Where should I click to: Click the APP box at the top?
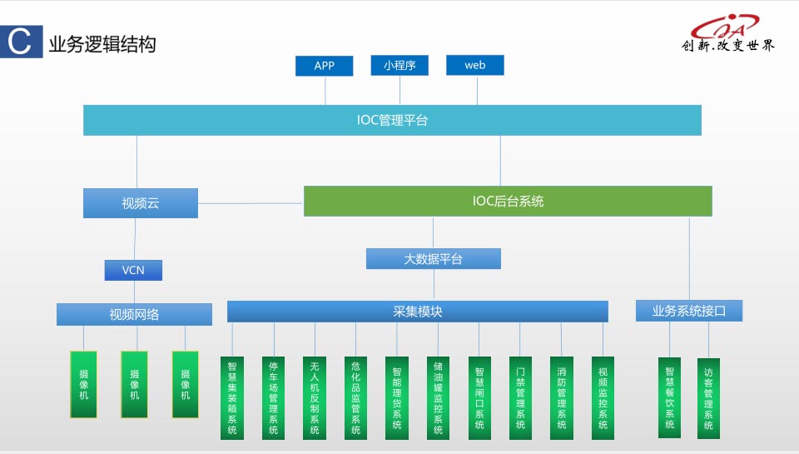click(324, 66)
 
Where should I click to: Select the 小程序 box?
click(399, 65)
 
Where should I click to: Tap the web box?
click(475, 65)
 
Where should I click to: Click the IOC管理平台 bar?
click(392, 120)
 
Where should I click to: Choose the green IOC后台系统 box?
click(508, 201)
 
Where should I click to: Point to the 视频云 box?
click(141, 203)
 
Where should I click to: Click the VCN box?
click(133, 270)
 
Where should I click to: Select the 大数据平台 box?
click(433, 259)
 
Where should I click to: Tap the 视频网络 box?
click(134, 314)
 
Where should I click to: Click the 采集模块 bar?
click(418, 312)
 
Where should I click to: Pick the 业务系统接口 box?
click(688, 311)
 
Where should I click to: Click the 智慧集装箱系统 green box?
click(232, 397)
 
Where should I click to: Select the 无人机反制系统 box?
click(315, 397)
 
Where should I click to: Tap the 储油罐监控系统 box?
click(438, 397)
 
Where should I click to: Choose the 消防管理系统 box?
click(562, 397)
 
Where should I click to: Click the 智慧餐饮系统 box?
click(669, 397)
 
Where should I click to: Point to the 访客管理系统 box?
click(708, 397)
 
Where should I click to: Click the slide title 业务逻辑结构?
click(102, 44)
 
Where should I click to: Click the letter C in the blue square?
click(19, 42)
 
